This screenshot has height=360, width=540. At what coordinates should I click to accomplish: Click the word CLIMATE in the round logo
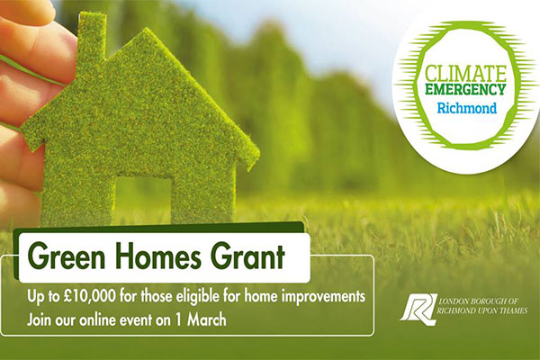tap(465, 73)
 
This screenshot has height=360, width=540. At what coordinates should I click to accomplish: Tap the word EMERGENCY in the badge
tap(465, 89)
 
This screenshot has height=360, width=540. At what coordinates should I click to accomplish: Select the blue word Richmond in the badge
tap(467, 108)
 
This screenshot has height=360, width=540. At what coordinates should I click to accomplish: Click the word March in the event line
tap(206, 320)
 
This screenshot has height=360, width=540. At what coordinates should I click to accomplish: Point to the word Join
tap(40, 320)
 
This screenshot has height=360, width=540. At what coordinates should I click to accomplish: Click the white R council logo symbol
tap(418, 309)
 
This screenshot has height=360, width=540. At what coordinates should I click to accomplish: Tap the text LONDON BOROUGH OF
tap(479, 301)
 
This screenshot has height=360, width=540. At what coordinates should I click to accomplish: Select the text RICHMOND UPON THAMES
tap(481, 310)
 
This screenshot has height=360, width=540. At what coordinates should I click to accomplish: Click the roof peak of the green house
tap(148, 31)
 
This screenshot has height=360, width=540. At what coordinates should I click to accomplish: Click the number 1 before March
tap(178, 320)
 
